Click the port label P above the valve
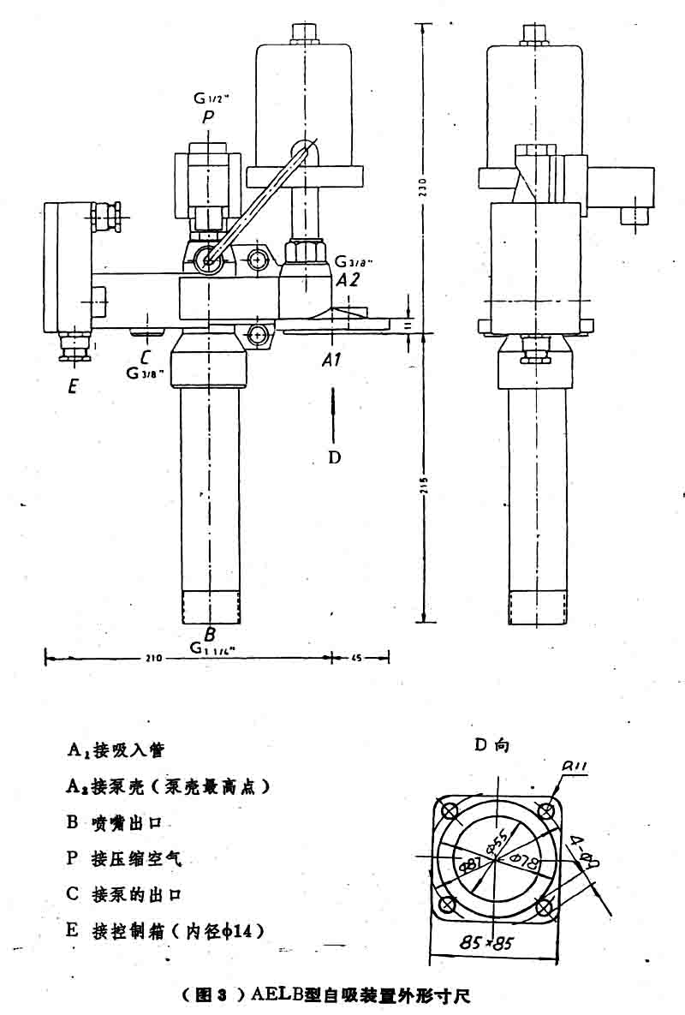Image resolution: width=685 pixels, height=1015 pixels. pyautogui.click(x=206, y=117)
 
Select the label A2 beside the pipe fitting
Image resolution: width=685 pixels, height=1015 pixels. pyautogui.click(x=348, y=279)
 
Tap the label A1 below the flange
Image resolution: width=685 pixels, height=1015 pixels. pyautogui.click(x=332, y=361)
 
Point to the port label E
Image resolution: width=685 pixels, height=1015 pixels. pyautogui.click(x=73, y=386)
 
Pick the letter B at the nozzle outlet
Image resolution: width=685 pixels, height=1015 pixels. pyautogui.click(x=209, y=635)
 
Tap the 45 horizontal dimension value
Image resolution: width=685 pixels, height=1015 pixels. pyautogui.click(x=358, y=658)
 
